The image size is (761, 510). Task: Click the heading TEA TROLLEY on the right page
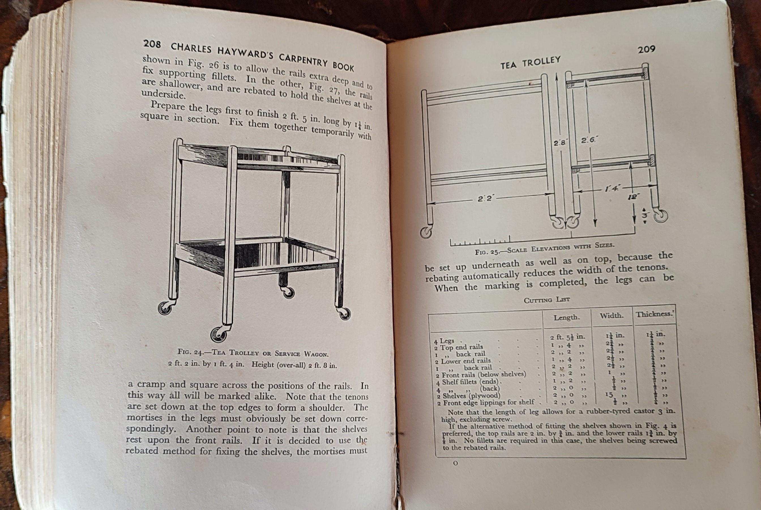530,62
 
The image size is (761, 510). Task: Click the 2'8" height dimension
559,143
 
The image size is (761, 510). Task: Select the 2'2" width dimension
486,198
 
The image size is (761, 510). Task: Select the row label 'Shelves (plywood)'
471,396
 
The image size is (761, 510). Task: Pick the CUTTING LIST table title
546,300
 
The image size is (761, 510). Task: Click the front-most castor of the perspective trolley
218,334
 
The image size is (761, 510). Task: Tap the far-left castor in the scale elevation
426,233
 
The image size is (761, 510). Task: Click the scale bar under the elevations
480,242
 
